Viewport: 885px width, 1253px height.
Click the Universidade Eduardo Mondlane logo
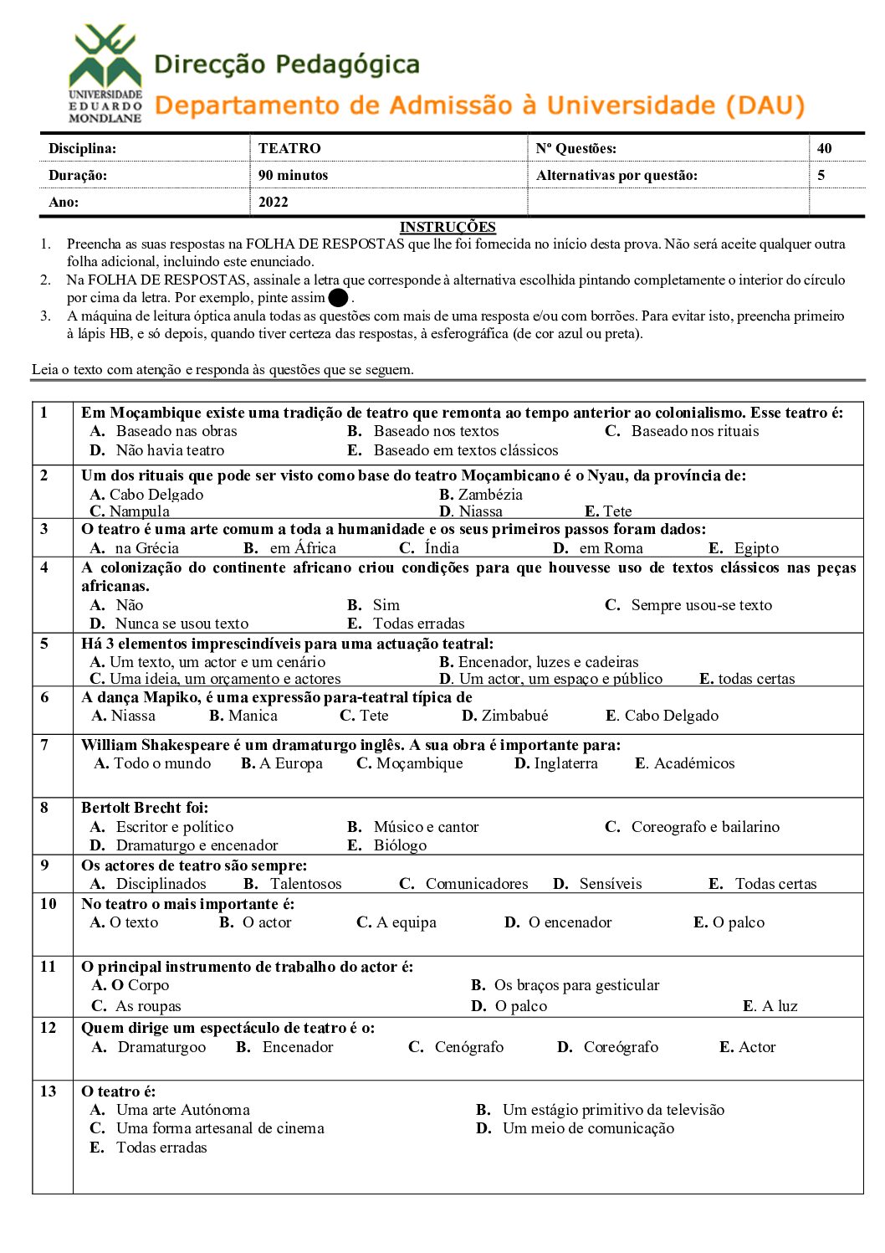tap(105, 74)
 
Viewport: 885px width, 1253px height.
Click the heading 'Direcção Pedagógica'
tap(287, 64)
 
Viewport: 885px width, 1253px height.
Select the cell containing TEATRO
tap(289, 148)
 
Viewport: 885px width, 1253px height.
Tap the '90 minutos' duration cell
tap(293, 175)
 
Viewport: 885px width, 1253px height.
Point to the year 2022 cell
tap(274, 202)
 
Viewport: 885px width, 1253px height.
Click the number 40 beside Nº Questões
tap(825, 148)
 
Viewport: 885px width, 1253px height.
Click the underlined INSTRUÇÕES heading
tap(448, 227)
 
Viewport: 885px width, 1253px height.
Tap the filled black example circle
tap(338, 297)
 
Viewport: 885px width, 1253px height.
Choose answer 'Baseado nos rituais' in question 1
tap(694, 431)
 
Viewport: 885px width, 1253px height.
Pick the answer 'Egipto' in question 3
tap(755, 548)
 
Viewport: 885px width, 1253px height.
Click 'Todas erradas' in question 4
tap(418, 624)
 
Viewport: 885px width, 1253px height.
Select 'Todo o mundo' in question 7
tap(162, 763)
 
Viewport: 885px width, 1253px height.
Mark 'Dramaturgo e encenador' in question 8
tap(197, 845)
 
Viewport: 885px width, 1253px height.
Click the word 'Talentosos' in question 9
tap(305, 884)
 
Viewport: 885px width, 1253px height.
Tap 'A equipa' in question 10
tap(406, 922)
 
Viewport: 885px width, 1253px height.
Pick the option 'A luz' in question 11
tap(779, 1006)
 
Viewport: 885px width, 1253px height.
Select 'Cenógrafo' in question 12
tap(468, 1047)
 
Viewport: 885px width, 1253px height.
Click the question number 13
tap(49, 1091)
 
